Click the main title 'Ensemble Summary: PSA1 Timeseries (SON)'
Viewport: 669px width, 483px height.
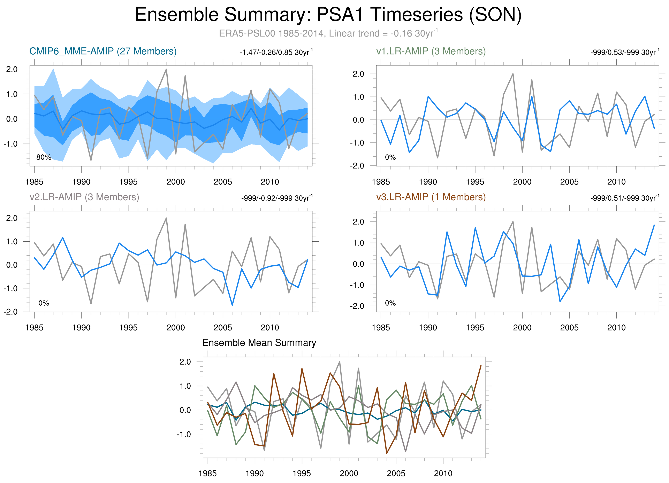pos(328,15)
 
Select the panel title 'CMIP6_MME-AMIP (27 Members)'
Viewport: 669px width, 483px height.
pos(103,51)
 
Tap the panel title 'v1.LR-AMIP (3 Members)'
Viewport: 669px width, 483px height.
pos(431,51)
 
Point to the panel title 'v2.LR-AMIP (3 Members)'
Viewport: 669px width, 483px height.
pos(84,197)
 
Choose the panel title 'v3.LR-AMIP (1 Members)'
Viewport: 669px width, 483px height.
pos(431,197)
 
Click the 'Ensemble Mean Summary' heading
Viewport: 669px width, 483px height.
pos(259,343)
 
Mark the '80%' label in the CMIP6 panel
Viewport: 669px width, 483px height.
pos(44,157)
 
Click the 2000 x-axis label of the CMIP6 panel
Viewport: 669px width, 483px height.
pos(175,182)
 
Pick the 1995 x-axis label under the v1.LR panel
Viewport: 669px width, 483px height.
pos(475,182)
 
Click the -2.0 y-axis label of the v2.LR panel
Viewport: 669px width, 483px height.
pos(11,312)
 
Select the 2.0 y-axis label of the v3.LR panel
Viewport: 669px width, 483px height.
pos(358,222)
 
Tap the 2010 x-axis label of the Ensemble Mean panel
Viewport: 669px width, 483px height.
pos(443,474)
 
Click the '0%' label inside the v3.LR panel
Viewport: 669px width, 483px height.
pos(390,303)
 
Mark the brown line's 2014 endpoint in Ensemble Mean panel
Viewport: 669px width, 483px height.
pos(481,366)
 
